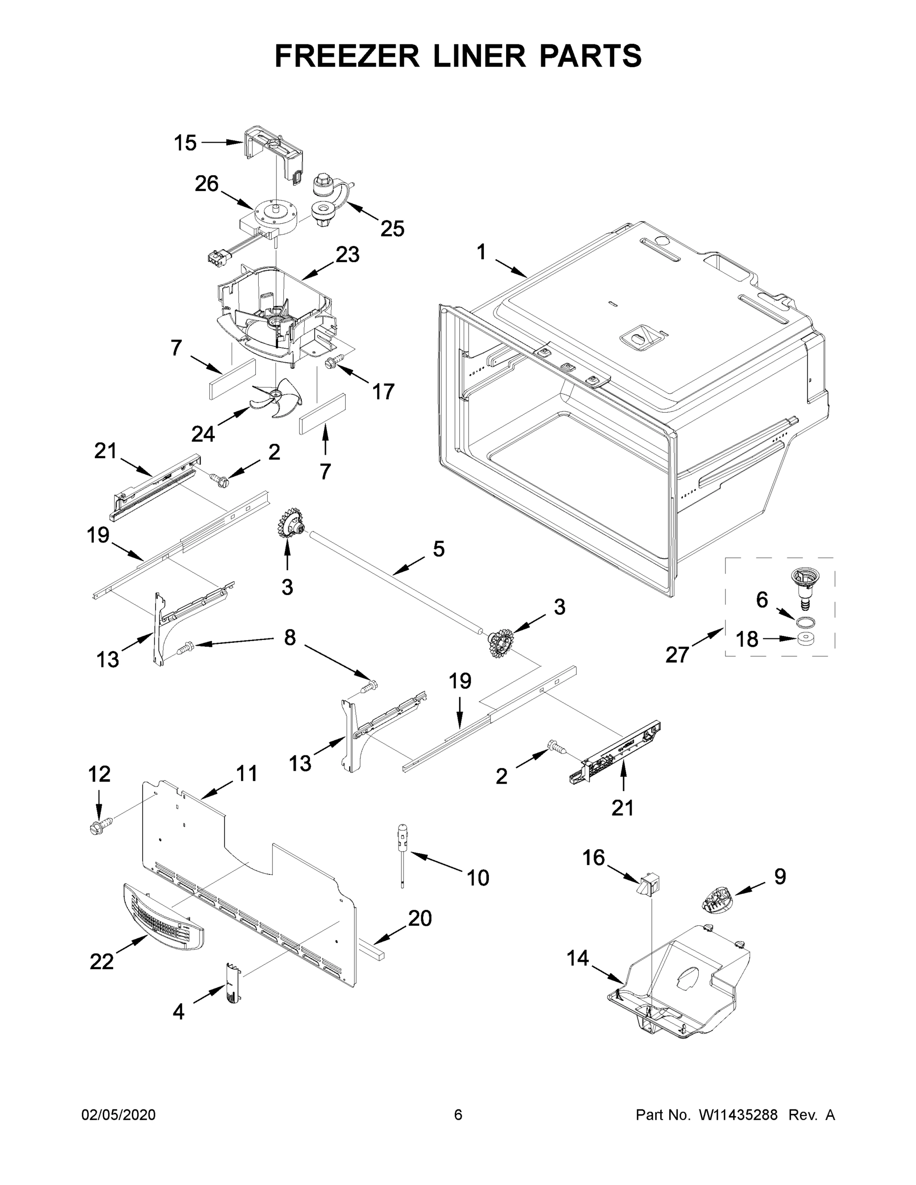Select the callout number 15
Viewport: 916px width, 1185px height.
(x=185, y=143)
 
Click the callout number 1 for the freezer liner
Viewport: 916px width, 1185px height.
(x=481, y=252)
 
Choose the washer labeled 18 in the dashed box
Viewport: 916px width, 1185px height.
(x=808, y=638)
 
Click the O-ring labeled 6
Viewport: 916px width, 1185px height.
(x=806, y=621)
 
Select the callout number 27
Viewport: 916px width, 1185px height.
(x=677, y=655)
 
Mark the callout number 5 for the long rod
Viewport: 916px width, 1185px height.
(x=438, y=549)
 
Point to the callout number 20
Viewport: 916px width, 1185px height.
(x=419, y=918)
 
